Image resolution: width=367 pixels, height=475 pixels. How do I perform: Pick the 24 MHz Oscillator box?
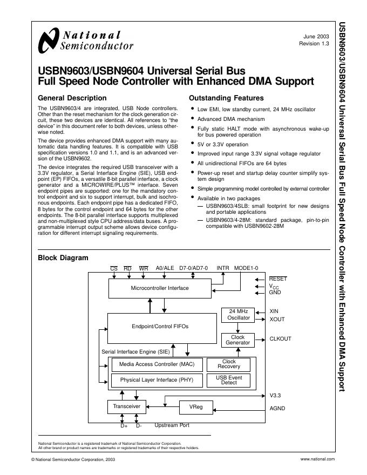[x=238, y=315]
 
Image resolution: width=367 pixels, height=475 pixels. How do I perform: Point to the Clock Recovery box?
[x=229, y=364]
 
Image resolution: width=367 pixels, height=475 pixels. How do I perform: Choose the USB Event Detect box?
[x=229, y=380]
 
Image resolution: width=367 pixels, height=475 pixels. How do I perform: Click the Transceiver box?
[x=126, y=406]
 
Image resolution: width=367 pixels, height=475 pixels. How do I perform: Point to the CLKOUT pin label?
[x=280, y=340]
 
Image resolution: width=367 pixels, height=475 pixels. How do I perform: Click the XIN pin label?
[x=274, y=311]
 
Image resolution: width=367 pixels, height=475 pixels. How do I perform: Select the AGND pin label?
[x=277, y=409]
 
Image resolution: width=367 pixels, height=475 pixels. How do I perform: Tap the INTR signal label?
[x=223, y=268]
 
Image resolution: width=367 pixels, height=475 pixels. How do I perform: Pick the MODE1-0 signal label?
[x=246, y=268]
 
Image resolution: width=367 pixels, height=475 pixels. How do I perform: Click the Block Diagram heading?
[x=63, y=258]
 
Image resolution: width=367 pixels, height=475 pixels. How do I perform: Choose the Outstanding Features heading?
[x=226, y=98]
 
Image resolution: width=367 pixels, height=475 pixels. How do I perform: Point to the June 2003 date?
[x=316, y=36]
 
